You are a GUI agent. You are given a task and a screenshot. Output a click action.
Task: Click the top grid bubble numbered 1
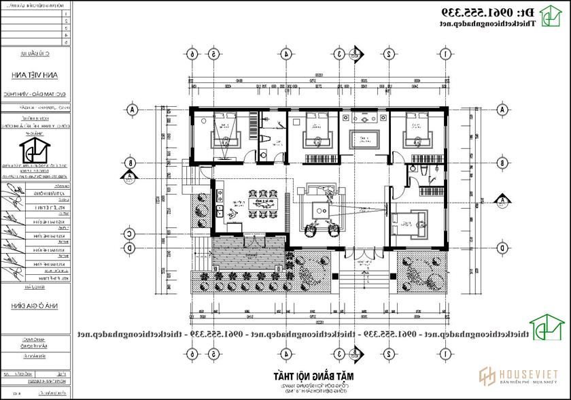pos(445,54)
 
